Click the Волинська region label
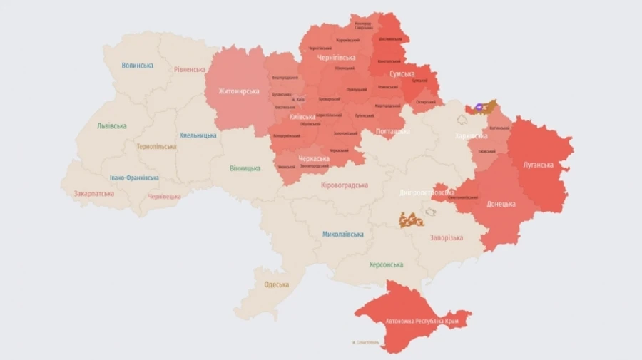coord(137,66)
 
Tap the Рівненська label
coord(189,70)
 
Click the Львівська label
coord(112,126)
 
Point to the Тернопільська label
coord(156,147)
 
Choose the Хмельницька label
coord(198,135)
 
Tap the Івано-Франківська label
coord(134,178)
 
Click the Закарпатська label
coord(93,193)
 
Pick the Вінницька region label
coord(245,168)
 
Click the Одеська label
coord(276,284)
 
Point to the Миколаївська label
coord(342,235)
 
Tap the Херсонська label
coord(386,264)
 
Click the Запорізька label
coord(446,238)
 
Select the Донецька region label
coord(501,204)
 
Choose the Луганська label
coord(538,165)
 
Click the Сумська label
coord(402,74)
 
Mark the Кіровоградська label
coord(345,185)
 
